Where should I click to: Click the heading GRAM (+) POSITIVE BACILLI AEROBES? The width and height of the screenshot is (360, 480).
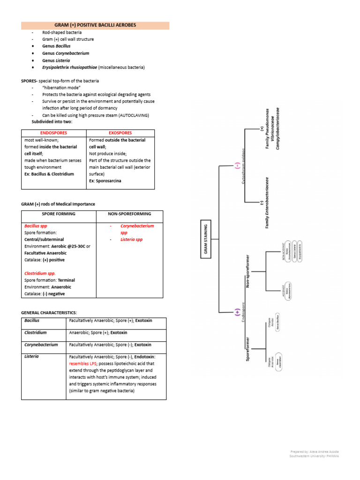(x=95, y=25)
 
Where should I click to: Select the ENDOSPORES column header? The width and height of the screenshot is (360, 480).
(x=53, y=133)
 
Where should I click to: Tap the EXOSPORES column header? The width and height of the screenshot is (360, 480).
(x=120, y=133)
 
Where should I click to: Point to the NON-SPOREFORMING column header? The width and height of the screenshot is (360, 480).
(x=129, y=214)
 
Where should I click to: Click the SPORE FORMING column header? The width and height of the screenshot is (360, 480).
(x=59, y=214)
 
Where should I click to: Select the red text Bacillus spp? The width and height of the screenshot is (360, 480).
(x=36, y=226)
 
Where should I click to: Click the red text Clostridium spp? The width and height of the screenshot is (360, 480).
(x=40, y=273)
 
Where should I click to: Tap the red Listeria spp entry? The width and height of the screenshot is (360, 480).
(x=131, y=240)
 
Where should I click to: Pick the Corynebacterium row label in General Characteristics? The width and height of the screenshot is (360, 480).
(x=41, y=345)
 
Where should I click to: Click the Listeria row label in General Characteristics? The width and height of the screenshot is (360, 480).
(x=32, y=356)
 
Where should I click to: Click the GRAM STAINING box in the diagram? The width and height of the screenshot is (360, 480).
(x=205, y=239)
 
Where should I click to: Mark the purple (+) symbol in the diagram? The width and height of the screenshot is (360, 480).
(x=237, y=312)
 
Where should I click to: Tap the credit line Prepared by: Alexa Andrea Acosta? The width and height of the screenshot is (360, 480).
(x=314, y=451)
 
